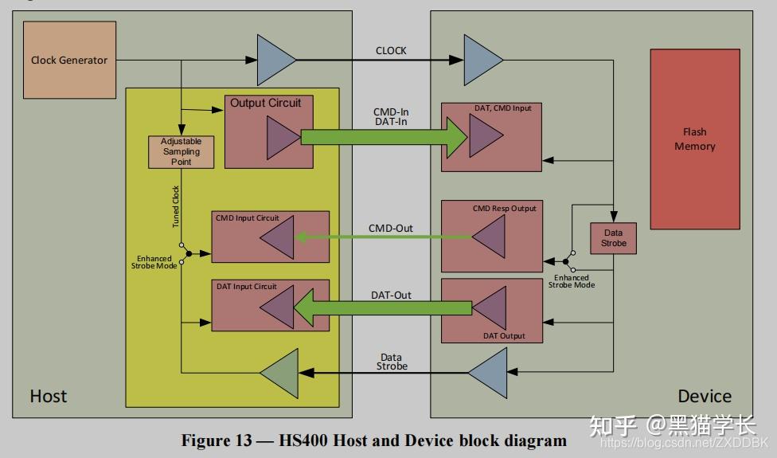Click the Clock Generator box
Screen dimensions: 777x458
point(69,60)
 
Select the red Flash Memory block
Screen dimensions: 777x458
point(695,139)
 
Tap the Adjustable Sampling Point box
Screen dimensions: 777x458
point(181,151)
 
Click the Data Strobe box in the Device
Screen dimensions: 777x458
point(613,238)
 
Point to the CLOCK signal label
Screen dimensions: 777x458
point(390,50)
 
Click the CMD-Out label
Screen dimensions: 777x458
point(390,228)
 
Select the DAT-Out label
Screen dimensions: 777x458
point(391,295)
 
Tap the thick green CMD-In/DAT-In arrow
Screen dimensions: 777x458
point(384,137)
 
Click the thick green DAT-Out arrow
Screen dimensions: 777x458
point(383,307)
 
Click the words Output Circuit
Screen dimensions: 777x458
point(265,103)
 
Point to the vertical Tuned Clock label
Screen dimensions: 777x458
point(175,206)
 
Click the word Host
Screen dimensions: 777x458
point(48,396)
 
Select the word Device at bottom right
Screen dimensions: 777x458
point(704,396)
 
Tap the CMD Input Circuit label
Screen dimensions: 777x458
point(247,217)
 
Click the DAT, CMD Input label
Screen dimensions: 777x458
point(502,108)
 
